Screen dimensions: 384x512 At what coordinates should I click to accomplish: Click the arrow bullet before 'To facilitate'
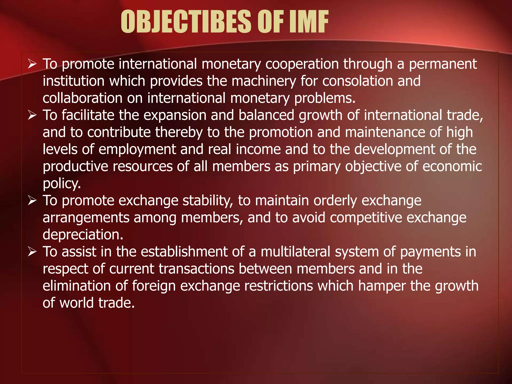tap(32, 115)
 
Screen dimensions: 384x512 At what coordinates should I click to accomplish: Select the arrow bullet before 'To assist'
tap(32, 252)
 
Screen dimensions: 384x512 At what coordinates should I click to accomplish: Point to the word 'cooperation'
tap(302, 64)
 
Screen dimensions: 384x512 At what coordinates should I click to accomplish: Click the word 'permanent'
tap(443, 64)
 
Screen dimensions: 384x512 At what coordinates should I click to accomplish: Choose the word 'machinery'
tap(264, 81)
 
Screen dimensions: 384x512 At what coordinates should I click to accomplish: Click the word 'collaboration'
tap(82, 98)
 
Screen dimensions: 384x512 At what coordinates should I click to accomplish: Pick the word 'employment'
tap(137, 150)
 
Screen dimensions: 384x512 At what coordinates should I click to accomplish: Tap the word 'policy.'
tap(62, 184)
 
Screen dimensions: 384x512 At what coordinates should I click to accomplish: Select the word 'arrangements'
tap(86, 218)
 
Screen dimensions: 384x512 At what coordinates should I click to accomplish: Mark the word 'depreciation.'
tap(83, 235)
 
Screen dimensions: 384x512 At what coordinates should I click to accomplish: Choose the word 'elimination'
tap(76, 286)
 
